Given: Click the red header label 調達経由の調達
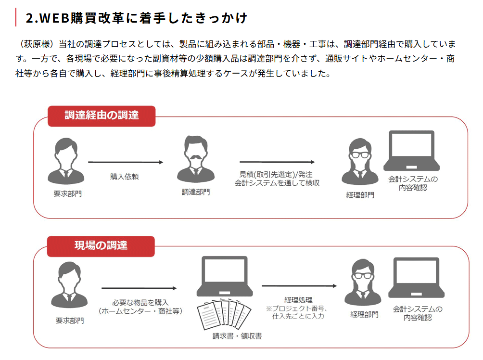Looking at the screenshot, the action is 102,116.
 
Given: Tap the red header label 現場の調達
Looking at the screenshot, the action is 101,246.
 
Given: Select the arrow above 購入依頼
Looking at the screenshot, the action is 126,162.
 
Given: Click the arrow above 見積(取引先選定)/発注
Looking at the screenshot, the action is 277,162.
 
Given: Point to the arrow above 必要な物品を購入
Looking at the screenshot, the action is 139,288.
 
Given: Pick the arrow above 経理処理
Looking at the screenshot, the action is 299,286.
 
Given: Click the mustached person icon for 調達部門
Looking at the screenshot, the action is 196,159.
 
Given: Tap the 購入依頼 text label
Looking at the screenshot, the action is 125,177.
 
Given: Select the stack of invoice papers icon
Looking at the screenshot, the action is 224,314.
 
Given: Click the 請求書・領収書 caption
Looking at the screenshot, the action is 237,336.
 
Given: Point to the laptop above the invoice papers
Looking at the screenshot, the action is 225,276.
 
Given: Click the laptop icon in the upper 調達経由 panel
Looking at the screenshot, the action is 411,151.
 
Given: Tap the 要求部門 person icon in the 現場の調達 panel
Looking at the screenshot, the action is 69,285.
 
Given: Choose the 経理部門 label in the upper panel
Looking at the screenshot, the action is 360,195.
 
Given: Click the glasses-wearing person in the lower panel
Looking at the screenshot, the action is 363,283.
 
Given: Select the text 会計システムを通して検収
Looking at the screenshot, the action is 277,183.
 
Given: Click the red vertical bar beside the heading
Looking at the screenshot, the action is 16,17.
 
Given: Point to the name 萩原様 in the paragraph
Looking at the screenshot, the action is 37,44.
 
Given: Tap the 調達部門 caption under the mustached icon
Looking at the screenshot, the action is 196,192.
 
